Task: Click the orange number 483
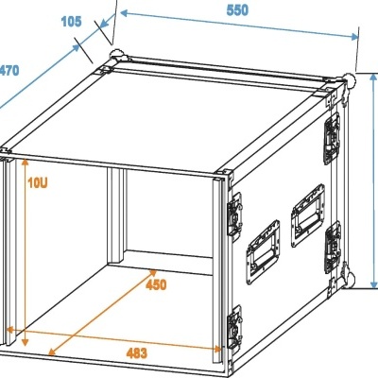coord(136,353)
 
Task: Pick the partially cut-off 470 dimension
coord(9,71)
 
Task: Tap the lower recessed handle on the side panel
coord(263,255)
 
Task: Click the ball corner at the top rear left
coord(116,54)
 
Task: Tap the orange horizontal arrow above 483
coord(113,339)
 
